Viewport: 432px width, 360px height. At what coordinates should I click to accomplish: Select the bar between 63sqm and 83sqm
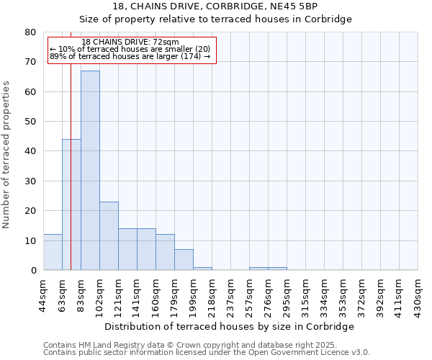[x=71, y=204]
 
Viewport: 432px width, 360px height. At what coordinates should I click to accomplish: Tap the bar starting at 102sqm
[x=109, y=236]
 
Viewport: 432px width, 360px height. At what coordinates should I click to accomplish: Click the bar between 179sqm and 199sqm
[x=184, y=260]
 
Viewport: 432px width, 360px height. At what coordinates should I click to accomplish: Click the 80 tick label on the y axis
[x=30, y=32]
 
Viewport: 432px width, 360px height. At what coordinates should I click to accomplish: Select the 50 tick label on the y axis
[x=30, y=122]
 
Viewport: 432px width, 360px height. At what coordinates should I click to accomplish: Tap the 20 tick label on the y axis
[x=30, y=211]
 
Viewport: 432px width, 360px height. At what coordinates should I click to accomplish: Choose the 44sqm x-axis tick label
[x=43, y=293]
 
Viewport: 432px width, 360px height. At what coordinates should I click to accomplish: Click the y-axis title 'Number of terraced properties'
[x=7, y=154]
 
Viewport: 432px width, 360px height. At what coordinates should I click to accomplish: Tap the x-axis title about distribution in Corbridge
[x=230, y=326]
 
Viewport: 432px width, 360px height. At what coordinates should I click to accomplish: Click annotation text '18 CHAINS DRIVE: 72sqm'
[x=130, y=42]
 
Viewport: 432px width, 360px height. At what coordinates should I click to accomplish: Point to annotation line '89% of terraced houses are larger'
[x=130, y=56]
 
